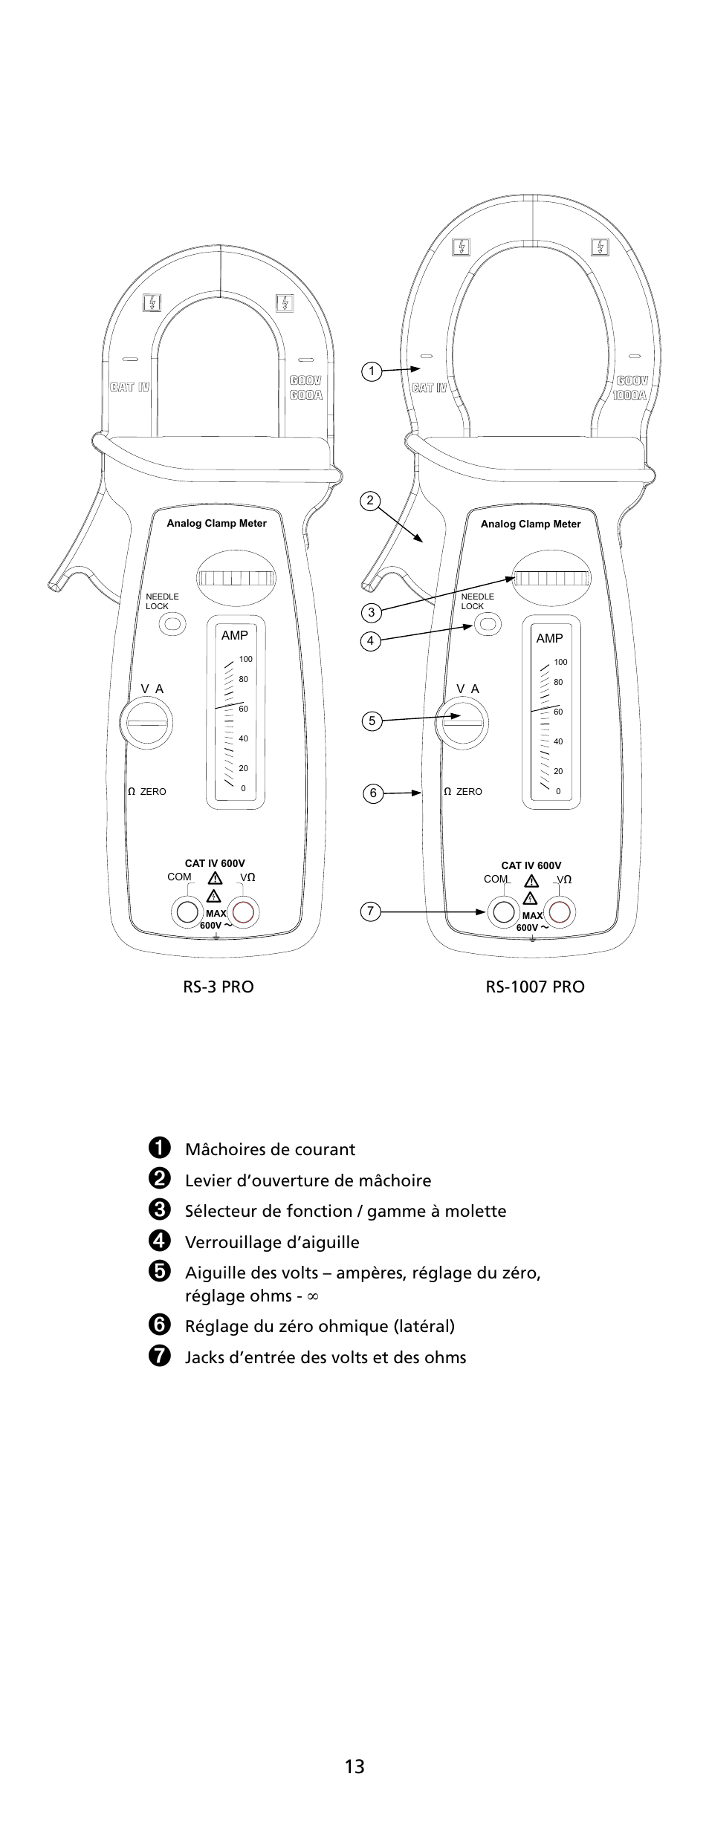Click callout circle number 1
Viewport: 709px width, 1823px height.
coord(372,371)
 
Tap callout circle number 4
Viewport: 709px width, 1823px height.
coord(371,640)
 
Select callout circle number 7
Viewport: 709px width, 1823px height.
coord(371,911)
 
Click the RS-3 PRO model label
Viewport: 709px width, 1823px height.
coord(218,987)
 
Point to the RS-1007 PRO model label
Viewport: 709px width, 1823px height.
coord(535,987)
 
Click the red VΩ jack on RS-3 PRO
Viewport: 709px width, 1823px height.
coord(243,911)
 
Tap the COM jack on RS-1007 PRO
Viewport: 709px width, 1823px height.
coord(504,911)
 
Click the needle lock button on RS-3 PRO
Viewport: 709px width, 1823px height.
coord(173,624)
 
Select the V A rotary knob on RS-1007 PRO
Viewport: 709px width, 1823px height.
coord(462,723)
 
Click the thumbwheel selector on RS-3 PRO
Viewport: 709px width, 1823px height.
coord(236,579)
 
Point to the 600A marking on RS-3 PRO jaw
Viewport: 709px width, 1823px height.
coord(306,395)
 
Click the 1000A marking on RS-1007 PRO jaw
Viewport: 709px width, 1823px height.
coord(630,395)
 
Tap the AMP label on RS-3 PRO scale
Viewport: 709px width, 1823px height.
coord(235,635)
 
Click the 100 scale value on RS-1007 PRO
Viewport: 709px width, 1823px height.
coord(560,662)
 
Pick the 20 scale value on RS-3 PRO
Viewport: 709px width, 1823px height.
coord(244,768)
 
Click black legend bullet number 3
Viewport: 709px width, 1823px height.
coord(159,1210)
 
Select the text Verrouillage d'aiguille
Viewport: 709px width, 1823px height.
coord(272,1242)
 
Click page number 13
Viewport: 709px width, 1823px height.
coord(354,1766)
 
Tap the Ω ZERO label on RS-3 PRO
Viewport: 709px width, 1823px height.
coord(147,792)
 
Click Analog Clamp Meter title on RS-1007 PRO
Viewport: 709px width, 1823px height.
coord(531,524)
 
